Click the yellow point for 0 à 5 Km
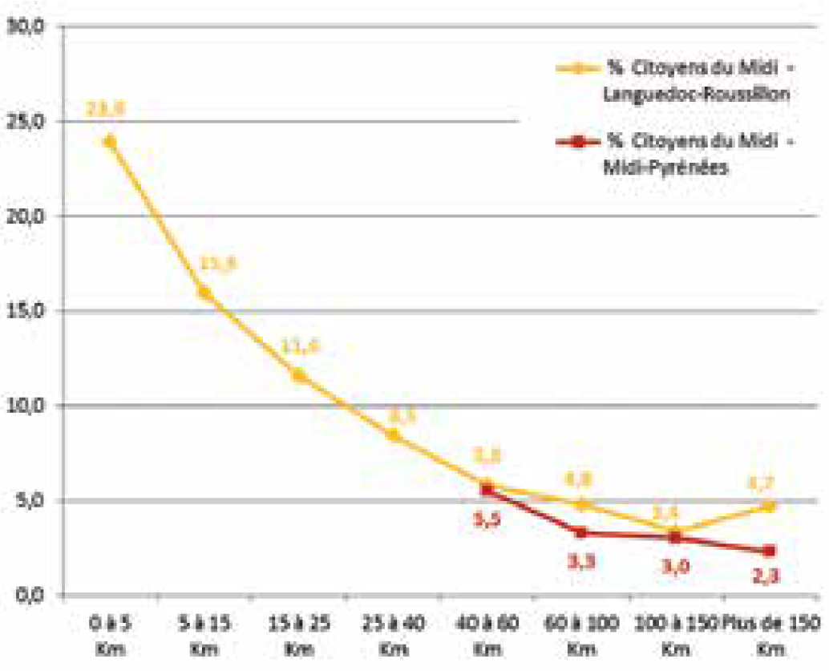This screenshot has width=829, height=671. click(x=109, y=141)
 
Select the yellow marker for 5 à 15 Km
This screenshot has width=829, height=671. click(x=204, y=293)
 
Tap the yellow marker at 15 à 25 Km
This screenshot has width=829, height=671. click(x=298, y=374)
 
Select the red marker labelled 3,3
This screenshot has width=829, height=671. click(x=581, y=532)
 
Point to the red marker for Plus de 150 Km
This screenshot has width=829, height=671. click(x=770, y=551)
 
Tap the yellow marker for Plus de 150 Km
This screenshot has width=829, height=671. click(x=770, y=506)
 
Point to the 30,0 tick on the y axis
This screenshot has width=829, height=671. click(x=29, y=26)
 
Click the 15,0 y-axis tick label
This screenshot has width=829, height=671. click(x=29, y=311)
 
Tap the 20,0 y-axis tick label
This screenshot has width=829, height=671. click(x=29, y=216)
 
